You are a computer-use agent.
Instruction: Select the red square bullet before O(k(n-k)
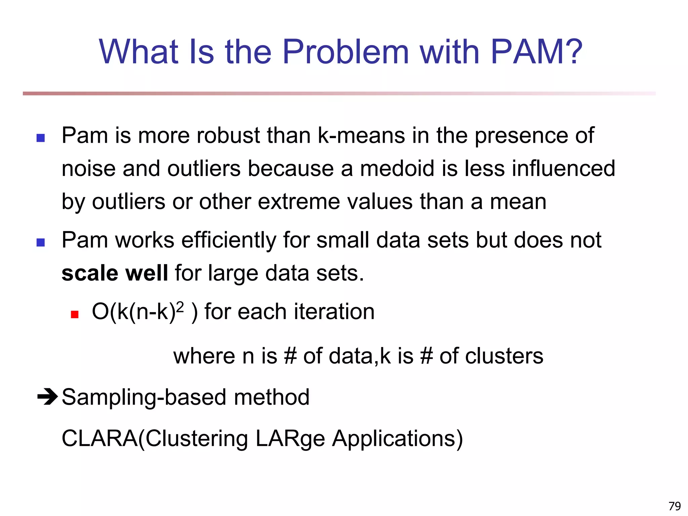[x=75, y=314]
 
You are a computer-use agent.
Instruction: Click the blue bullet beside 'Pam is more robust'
[x=41, y=138]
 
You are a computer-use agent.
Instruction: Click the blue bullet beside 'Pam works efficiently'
[x=41, y=243]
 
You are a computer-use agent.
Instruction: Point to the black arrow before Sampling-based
[x=47, y=397]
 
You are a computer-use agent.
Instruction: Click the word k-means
[x=361, y=135]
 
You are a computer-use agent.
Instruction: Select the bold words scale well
[x=115, y=273]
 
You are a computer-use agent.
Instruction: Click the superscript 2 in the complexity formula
[x=180, y=307]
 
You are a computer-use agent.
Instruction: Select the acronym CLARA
[x=99, y=438]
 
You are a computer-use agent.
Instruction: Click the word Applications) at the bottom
[x=397, y=439]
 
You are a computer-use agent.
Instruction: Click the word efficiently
[x=228, y=241]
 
